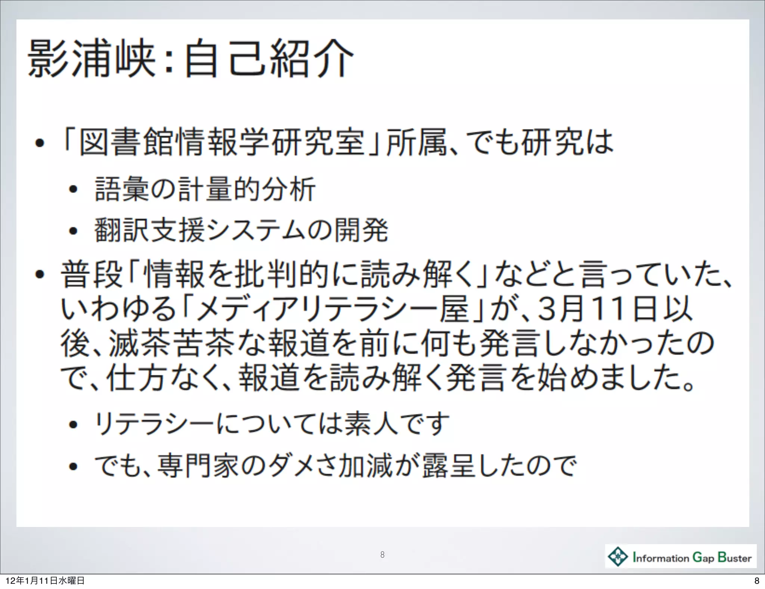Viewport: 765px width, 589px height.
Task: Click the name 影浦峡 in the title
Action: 92,59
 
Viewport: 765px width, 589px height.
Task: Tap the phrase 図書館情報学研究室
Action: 222,142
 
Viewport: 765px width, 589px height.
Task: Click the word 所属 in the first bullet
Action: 416,142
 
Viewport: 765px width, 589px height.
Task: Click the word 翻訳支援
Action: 149,230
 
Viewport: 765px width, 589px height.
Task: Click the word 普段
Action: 92,274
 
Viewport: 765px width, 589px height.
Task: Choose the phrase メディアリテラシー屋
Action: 332,309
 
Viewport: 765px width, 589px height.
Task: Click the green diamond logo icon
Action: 618,556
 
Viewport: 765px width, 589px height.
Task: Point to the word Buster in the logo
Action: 734,557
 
